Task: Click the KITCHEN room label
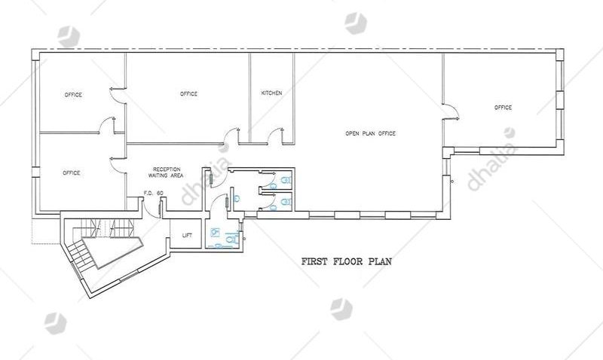pyautogui.click(x=271, y=93)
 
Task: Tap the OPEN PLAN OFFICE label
pyautogui.click(x=370, y=133)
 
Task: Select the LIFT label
pyautogui.click(x=187, y=236)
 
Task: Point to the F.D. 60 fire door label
pyautogui.click(x=154, y=193)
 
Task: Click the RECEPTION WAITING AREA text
pyautogui.click(x=166, y=172)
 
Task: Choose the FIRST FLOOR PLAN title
pyautogui.click(x=347, y=261)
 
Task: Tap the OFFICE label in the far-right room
pyautogui.click(x=503, y=108)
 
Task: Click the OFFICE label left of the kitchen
pyautogui.click(x=188, y=93)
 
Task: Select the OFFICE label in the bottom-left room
pyautogui.click(x=72, y=173)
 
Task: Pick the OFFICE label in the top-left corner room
pyautogui.click(x=73, y=94)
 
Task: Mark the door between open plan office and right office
pyautogui.click(x=451, y=111)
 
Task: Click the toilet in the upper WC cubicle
pyautogui.click(x=285, y=180)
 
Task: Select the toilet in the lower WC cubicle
pyautogui.click(x=285, y=202)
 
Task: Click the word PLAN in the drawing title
pyautogui.click(x=380, y=261)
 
